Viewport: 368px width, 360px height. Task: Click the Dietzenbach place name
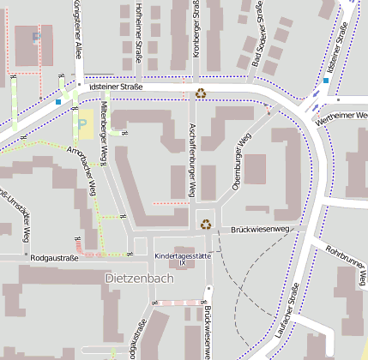point(138,279)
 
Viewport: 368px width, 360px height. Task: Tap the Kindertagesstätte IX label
point(182,257)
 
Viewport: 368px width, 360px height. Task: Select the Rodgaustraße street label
point(54,256)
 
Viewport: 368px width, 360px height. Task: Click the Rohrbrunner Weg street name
point(346,263)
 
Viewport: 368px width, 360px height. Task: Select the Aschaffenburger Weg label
point(192,159)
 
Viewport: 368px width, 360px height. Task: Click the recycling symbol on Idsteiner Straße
point(201,93)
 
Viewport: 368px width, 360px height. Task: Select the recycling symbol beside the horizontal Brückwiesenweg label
point(206,225)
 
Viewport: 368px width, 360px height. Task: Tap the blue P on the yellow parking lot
point(82,123)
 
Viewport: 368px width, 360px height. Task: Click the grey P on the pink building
point(36,37)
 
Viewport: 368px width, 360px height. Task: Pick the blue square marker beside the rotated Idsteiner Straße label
point(326,81)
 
